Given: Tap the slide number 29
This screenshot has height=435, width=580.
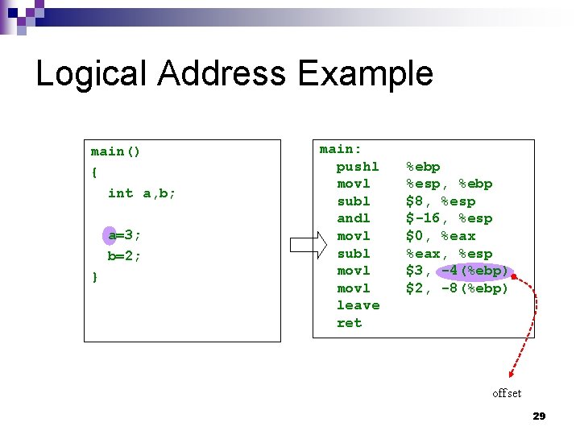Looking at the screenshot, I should [539, 416].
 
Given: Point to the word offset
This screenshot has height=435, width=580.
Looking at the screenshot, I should [507, 393].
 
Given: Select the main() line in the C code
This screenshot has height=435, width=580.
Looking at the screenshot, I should [116, 151].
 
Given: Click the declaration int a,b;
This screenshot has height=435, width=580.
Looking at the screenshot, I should [142, 193].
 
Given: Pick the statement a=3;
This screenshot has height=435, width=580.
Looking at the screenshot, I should [125, 235].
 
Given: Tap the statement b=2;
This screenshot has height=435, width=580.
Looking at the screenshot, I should [125, 255].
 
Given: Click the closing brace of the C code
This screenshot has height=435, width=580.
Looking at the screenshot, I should [95, 276].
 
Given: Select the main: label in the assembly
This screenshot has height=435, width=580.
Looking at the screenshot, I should [341, 149].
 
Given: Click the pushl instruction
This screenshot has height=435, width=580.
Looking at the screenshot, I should [358, 167].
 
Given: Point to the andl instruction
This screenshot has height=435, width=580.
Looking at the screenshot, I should [354, 218].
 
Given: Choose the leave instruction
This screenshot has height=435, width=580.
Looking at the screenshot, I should [358, 305].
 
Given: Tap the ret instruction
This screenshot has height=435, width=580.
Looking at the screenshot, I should [349, 323].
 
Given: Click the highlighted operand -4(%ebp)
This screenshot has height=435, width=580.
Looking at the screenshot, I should [475, 271].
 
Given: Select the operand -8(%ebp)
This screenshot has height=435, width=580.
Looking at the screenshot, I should [475, 288].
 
